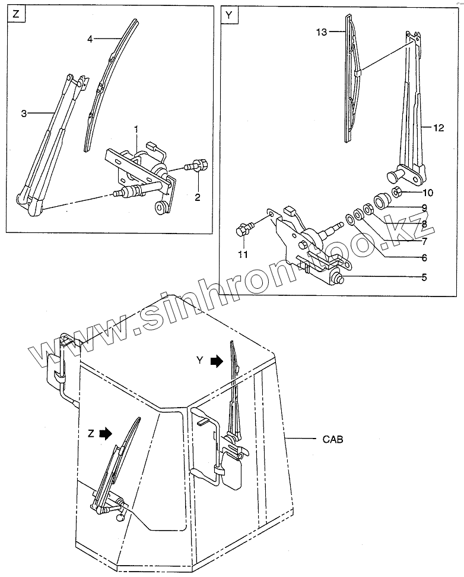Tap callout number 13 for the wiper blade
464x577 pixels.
click(x=321, y=33)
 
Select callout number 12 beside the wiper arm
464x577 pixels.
click(x=438, y=127)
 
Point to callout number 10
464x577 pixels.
click(x=428, y=193)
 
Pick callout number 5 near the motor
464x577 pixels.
click(x=424, y=276)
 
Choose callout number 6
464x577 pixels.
click(x=424, y=258)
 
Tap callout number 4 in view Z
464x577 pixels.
click(x=90, y=39)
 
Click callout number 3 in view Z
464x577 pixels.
click(x=24, y=113)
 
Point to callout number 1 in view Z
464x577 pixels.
click(x=135, y=129)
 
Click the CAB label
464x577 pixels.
click(x=333, y=440)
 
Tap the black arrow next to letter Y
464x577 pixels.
click(x=218, y=360)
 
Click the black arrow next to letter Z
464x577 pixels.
click(x=106, y=434)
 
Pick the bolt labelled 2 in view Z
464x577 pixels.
click(x=198, y=166)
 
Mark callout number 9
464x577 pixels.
click(x=424, y=207)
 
